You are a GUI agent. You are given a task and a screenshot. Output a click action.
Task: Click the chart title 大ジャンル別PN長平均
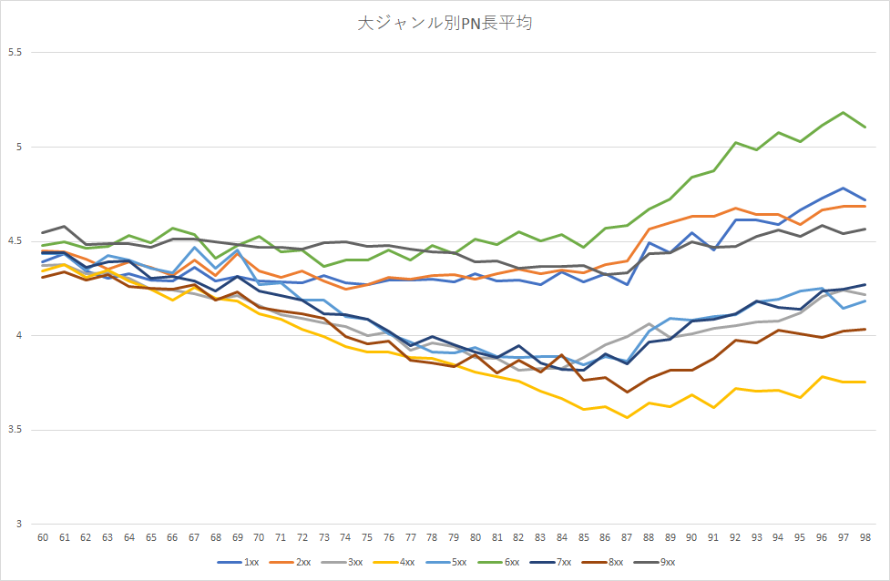[x=445, y=23]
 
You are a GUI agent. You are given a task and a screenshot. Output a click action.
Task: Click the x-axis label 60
[x=43, y=538]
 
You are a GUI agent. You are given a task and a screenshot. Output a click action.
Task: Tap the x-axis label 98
[x=864, y=538]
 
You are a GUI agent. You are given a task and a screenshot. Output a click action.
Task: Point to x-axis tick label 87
[x=627, y=538]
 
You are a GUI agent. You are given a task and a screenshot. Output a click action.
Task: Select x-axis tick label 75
[x=367, y=538]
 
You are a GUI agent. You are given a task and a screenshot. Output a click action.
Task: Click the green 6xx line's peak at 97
[x=844, y=113]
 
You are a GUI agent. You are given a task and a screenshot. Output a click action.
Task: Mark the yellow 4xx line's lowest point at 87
[x=627, y=417]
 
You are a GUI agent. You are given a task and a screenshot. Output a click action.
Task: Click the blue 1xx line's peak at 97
[x=844, y=188]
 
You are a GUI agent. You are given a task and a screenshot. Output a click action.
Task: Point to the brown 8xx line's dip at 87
[x=627, y=392]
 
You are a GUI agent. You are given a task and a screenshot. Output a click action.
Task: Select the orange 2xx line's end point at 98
[x=864, y=207]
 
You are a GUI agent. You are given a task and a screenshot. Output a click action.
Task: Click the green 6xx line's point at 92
[x=735, y=142]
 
